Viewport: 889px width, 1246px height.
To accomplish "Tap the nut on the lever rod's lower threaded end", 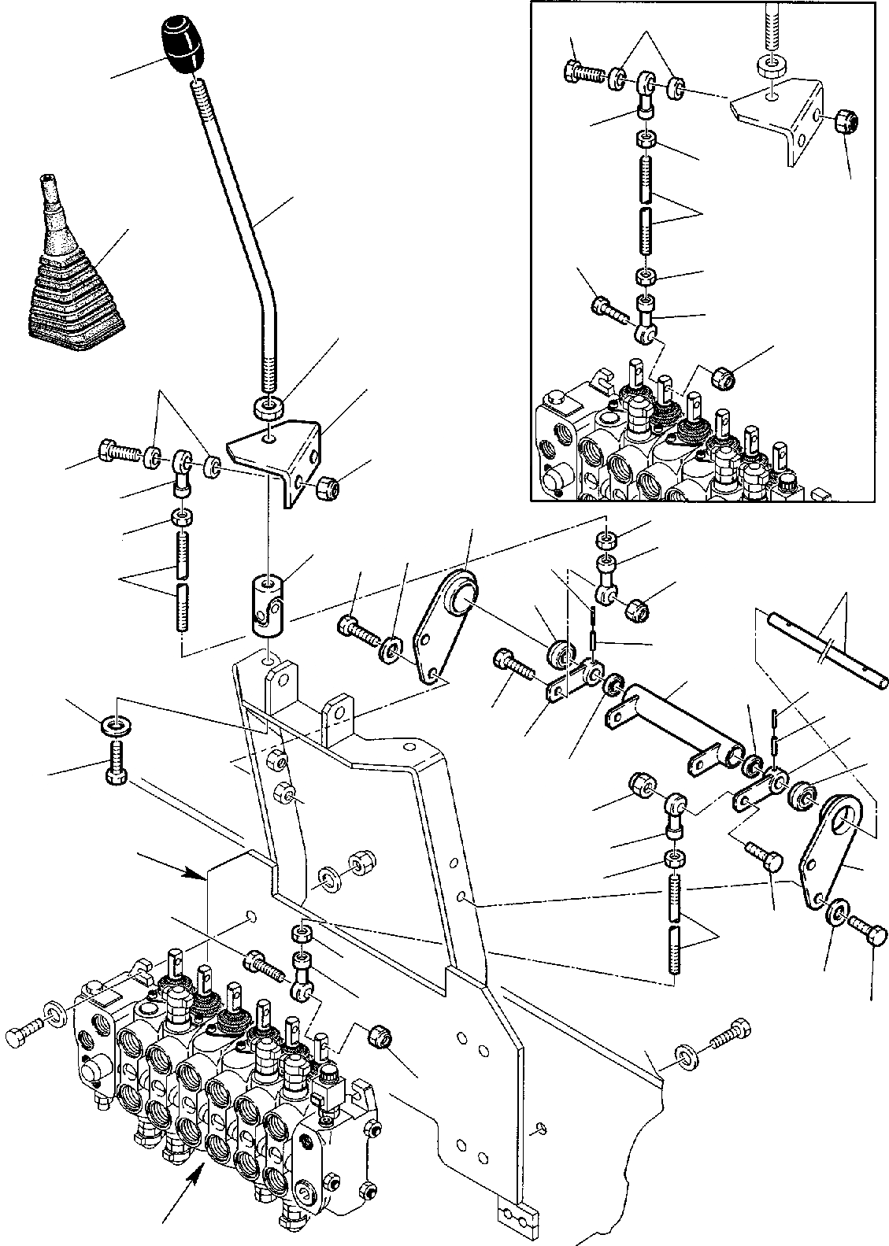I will click(268, 409).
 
